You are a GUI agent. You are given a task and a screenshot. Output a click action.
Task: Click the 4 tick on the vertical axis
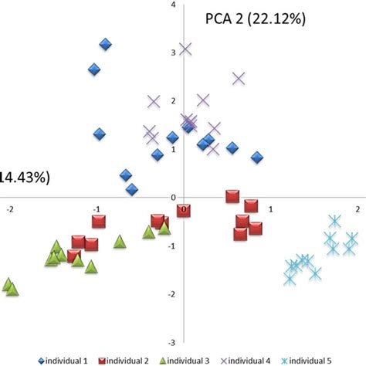tap(174, 5)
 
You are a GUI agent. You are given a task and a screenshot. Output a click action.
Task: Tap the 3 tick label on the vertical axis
tap(174, 52)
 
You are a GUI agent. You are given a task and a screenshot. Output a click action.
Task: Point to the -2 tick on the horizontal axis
tap(8, 209)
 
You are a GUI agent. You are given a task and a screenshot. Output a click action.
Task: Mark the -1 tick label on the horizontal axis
tap(96, 209)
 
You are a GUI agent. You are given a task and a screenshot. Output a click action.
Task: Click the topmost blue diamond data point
tap(105, 44)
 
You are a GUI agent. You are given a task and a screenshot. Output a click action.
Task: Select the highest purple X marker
tap(185, 49)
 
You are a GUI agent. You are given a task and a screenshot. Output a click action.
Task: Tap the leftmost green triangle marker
tap(8, 284)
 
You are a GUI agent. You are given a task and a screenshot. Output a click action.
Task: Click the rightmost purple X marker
tap(239, 78)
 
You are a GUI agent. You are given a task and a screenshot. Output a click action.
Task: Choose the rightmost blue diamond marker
tap(257, 158)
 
